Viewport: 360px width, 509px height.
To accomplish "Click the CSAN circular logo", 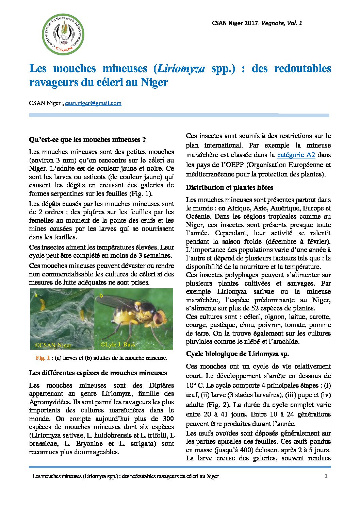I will point(63,34).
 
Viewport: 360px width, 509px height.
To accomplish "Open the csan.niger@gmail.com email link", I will point(93,103).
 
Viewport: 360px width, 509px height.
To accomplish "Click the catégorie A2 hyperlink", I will point(296,155).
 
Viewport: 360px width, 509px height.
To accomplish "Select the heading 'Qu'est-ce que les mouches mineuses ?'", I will point(87,140).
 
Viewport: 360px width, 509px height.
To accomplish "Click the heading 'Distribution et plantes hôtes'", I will point(229,188).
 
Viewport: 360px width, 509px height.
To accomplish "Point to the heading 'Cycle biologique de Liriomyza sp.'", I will point(238,354).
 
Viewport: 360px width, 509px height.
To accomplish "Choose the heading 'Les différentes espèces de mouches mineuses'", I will point(98,373).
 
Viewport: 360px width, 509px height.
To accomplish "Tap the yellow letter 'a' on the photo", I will point(36,295).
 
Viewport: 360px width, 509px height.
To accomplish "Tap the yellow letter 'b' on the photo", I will point(101,296).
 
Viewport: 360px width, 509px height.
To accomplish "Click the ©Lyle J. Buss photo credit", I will point(118,344).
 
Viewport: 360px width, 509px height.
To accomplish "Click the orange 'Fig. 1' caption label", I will point(43,358).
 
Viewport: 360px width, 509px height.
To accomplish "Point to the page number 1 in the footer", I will point(326,476).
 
